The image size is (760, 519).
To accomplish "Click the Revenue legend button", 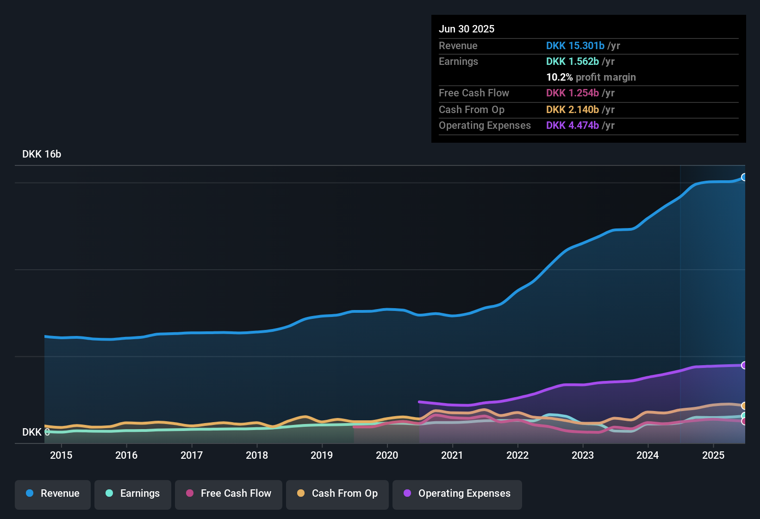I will (53, 494).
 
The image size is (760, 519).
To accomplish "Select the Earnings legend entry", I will (133, 494).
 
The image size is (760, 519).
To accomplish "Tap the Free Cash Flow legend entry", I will (229, 494).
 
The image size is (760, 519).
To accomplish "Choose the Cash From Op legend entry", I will (337, 494).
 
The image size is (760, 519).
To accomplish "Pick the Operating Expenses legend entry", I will (457, 494).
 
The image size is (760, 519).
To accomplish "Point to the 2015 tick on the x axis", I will (61, 456).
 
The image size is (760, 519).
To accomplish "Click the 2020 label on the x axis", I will (387, 456).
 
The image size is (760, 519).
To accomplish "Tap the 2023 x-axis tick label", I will (583, 456).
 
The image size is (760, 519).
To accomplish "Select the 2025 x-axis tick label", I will (713, 456).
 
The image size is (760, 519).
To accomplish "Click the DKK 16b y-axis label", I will (42, 154).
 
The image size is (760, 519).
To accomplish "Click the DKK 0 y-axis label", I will (36, 432).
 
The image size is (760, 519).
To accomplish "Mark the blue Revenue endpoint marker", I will (744, 177).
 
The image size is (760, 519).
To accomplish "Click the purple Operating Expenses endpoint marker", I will (744, 365).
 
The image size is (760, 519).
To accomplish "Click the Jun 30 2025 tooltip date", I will (467, 29).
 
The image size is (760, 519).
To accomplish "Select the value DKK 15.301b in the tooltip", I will (575, 46).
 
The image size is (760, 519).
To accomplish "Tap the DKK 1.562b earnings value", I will (573, 62).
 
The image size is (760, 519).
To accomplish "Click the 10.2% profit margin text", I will (591, 77).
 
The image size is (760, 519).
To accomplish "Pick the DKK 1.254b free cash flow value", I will (573, 93).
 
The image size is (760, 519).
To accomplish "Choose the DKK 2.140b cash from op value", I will (573, 110).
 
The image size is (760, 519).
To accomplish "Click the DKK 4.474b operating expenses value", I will (573, 126).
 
